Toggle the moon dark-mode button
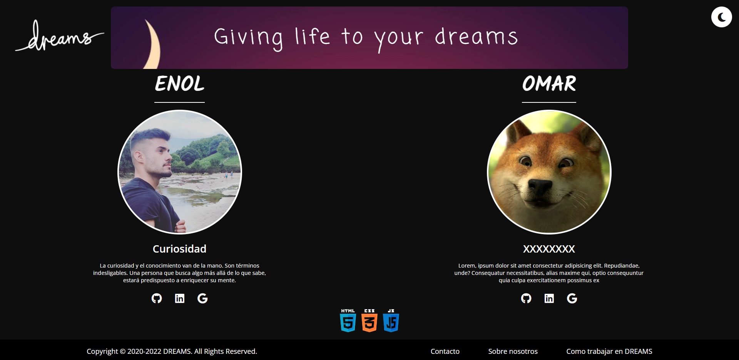pyautogui.click(x=721, y=17)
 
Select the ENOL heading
pyautogui.click(x=179, y=84)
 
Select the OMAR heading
pyautogui.click(x=549, y=84)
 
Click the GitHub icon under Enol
pyautogui.click(x=157, y=298)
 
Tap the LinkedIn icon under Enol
pyautogui.click(x=180, y=298)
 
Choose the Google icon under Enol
pyautogui.click(x=202, y=298)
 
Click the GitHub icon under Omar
pyautogui.click(x=526, y=298)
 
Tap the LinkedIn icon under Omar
pyautogui.click(x=549, y=298)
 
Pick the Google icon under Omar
pyautogui.click(x=572, y=298)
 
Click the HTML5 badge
pyautogui.click(x=348, y=320)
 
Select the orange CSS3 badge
pyautogui.click(x=369, y=320)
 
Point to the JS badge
pyautogui.click(x=391, y=320)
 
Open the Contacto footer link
pyautogui.click(x=445, y=351)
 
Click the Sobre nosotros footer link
pyautogui.click(x=513, y=351)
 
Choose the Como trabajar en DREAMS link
pyautogui.click(x=609, y=351)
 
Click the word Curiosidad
pyautogui.click(x=179, y=249)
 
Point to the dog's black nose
pyautogui.click(x=540, y=187)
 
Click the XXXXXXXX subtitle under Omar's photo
pyautogui.click(x=549, y=249)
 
